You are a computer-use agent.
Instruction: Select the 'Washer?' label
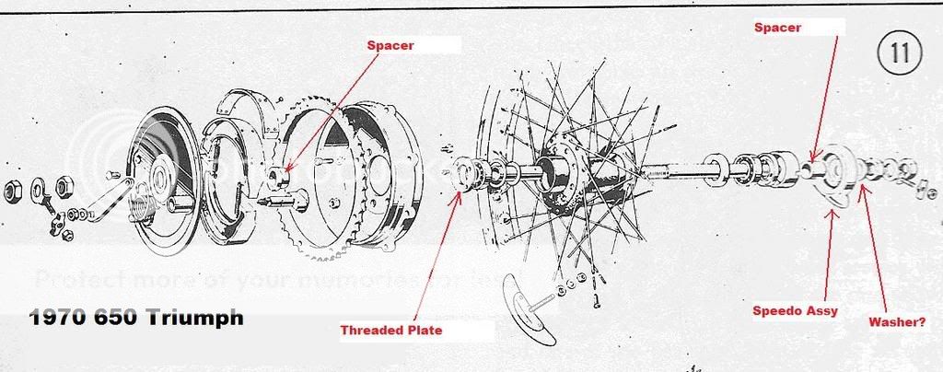click(x=898, y=323)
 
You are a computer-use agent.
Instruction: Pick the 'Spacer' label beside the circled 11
click(x=778, y=28)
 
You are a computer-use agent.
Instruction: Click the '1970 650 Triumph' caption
click(x=136, y=318)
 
